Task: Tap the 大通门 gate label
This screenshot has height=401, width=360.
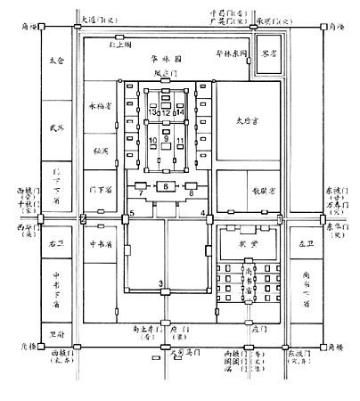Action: (x=96, y=18)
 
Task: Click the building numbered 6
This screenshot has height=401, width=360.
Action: (x=167, y=185)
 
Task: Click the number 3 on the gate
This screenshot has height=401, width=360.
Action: (x=161, y=283)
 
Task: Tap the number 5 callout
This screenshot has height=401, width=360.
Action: (x=131, y=211)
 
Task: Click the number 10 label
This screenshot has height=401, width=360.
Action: (x=153, y=141)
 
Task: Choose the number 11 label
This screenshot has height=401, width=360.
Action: (x=180, y=141)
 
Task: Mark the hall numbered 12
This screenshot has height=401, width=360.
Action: (x=167, y=112)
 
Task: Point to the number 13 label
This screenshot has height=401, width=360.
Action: (x=154, y=113)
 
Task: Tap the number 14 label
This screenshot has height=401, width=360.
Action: (x=180, y=113)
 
